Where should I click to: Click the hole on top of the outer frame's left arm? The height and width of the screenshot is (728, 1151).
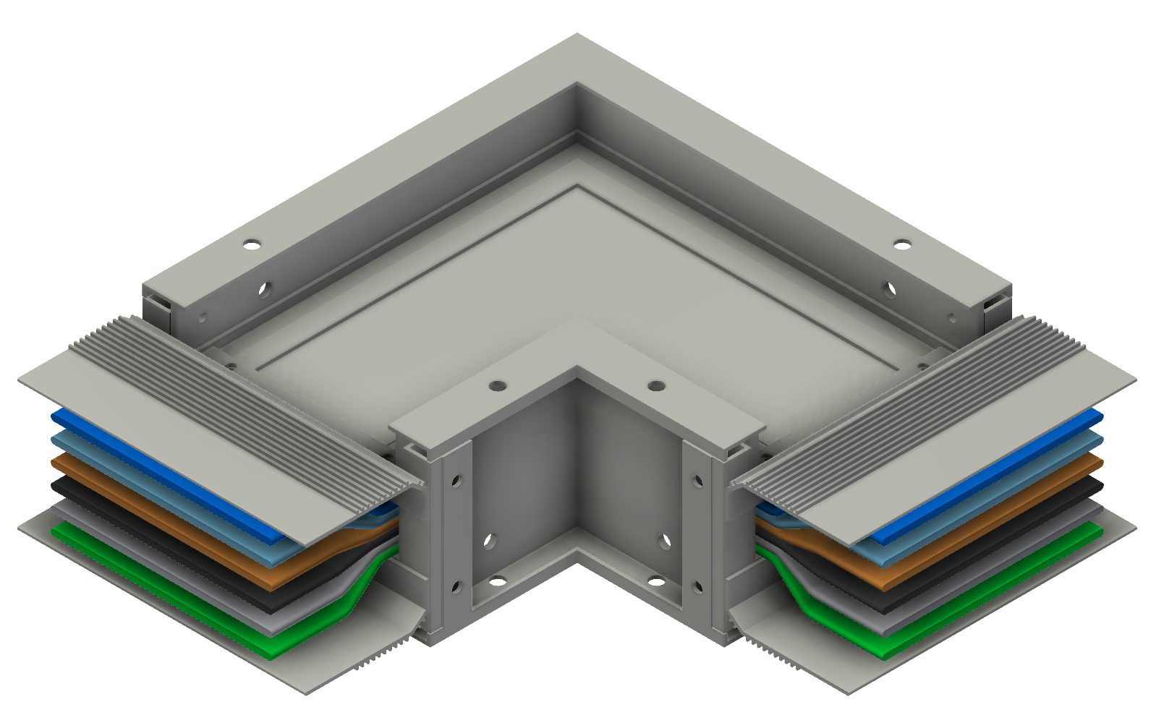(x=251, y=244)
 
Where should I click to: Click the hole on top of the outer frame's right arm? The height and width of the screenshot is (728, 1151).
(x=902, y=244)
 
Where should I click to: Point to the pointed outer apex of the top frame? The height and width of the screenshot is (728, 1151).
(x=577, y=35)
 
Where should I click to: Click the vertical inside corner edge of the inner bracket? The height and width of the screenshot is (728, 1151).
(x=577, y=463)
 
